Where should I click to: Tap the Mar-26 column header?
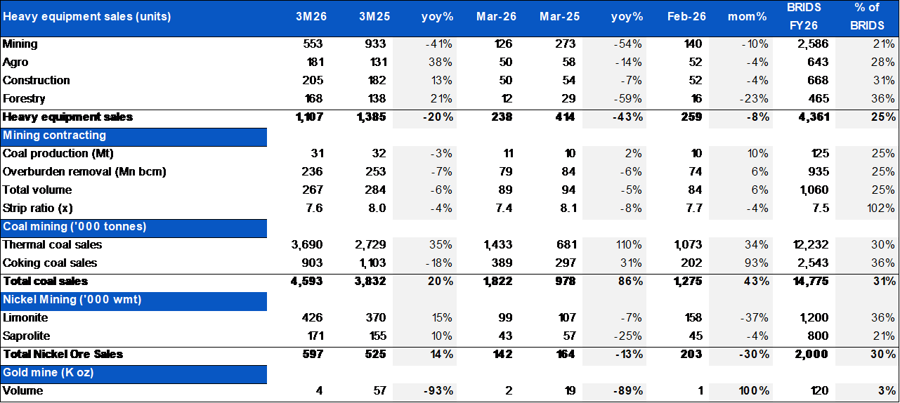tap(497, 16)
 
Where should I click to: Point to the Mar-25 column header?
tap(559, 16)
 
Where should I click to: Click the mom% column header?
tap(748, 16)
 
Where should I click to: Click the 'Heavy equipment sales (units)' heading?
tap(87, 16)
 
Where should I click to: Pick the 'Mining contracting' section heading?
tap(55, 135)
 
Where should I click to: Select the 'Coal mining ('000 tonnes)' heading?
tap(74, 226)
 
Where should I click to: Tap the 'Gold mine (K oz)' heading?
tap(48, 373)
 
